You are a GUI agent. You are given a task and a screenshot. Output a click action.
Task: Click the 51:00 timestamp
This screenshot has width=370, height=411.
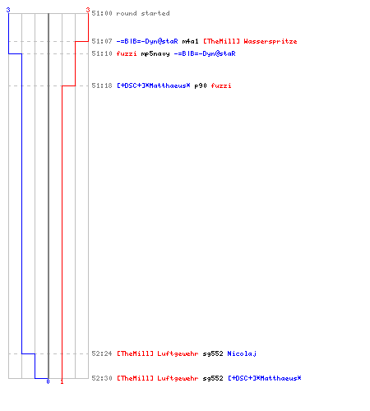[x=102, y=13]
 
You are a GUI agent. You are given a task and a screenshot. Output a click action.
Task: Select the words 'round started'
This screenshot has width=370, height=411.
[x=143, y=13]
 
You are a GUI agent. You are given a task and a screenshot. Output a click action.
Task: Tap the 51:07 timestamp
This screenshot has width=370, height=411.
[x=102, y=41]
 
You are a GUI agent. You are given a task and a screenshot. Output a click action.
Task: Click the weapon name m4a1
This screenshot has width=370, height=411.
[x=190, y=41]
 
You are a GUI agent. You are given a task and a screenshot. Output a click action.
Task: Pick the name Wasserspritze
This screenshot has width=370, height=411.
[x=271, y=41]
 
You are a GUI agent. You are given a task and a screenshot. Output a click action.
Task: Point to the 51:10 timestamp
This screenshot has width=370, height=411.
[x=102, y=53]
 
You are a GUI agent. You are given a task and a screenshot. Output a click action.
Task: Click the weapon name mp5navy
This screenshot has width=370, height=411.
[x=155, y=53]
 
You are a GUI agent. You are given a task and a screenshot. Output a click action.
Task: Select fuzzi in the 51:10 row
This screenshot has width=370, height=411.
[x=127, y=53]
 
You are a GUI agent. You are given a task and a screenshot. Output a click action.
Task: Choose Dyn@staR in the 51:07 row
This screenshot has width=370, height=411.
[x=161, y=41]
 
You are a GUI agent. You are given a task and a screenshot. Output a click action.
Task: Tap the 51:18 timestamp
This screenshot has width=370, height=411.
[x=102, y=85]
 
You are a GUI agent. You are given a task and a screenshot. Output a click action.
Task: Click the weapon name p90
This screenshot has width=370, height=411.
[x=201, y=86]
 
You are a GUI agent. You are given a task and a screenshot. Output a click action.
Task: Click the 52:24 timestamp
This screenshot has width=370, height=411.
[x=102, y=353]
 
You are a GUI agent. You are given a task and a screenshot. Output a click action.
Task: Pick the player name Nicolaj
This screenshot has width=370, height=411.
[x=242, y=354]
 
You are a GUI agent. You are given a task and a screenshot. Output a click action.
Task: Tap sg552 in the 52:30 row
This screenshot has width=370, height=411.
[x=213, y=378]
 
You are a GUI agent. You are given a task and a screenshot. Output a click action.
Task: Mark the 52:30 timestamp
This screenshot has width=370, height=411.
[x=102, y=378]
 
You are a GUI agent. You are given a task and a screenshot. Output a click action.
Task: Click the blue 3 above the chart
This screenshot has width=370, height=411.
[x=8, y=10]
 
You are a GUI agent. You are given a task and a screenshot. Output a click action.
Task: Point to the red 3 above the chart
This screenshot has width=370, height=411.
[x=88, y=10]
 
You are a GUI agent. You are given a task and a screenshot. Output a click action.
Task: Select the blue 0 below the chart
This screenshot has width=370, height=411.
[x=48, y=381]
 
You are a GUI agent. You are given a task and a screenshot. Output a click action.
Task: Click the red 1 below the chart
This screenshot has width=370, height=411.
[x=62, y=381]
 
